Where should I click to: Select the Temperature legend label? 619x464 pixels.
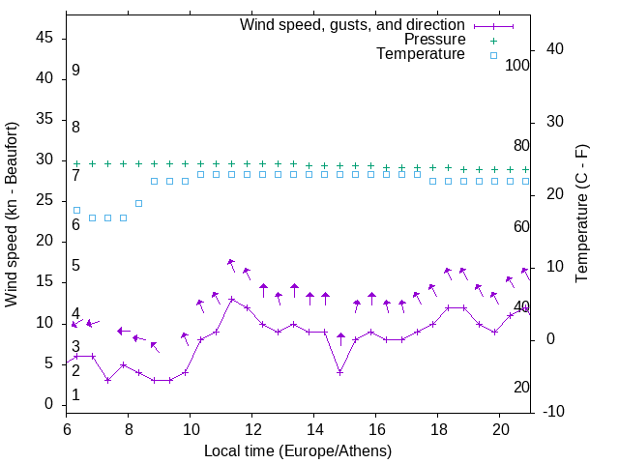(x=421, y=55)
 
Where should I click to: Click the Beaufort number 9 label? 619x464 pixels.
(x=75, y=71)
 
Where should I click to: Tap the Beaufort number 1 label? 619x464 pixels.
(x=75, y=395)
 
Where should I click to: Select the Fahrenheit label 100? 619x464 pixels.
(x=517, y=65)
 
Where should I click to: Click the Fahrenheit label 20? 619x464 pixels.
(x=521, y=388)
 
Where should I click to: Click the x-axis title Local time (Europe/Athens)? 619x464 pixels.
(x=298, y=450)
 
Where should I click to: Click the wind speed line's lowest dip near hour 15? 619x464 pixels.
(x=340, y=372)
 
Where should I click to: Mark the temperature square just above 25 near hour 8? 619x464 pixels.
(x=139, y=203)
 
